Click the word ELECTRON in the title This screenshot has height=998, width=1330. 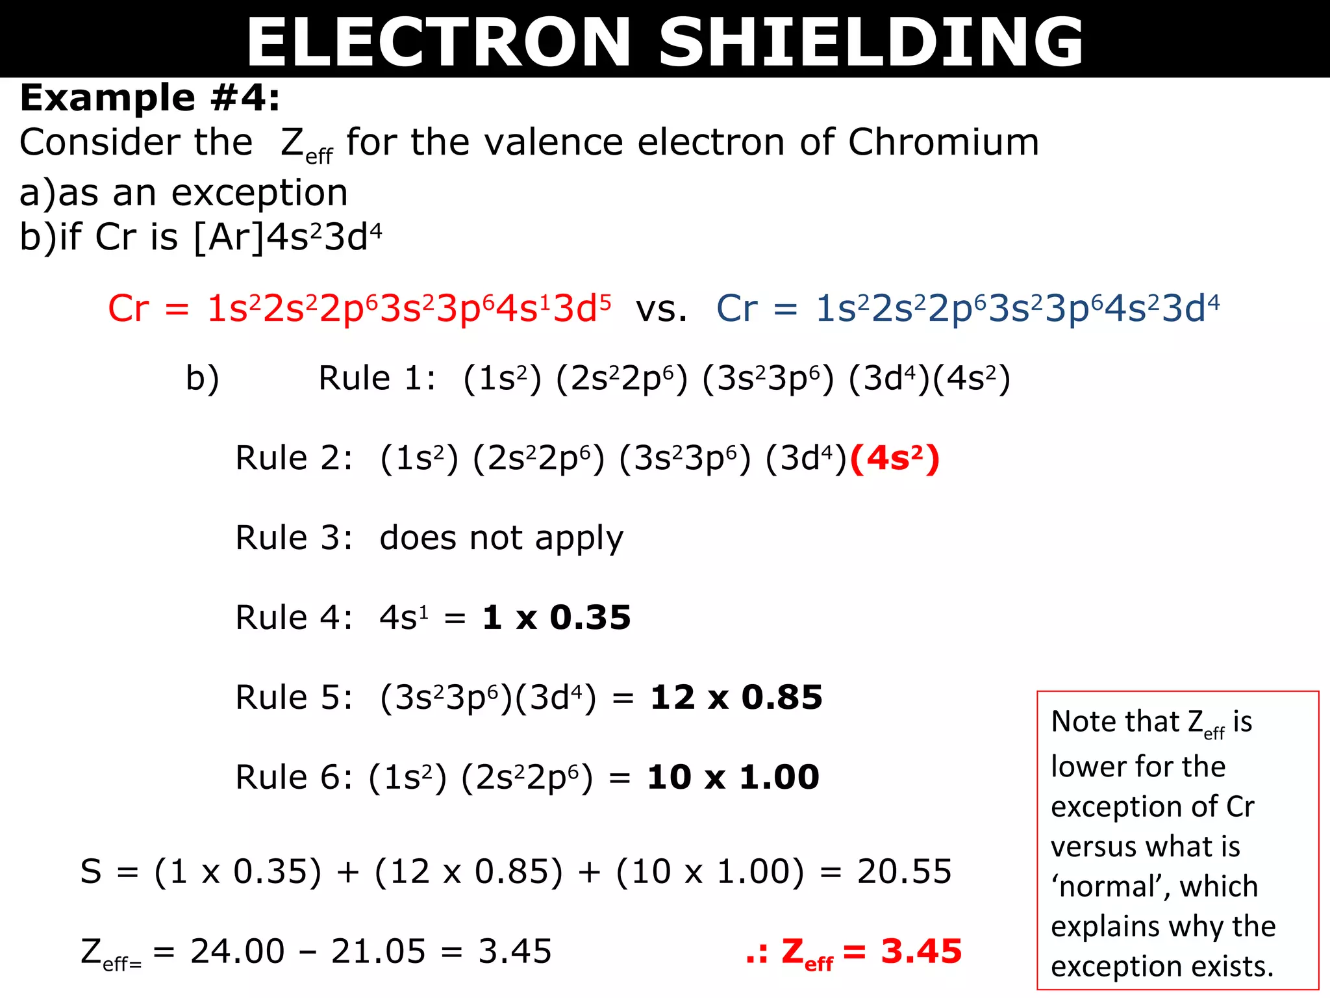click(x=439, y=42)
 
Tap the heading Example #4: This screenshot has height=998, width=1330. click(x=150, y=98)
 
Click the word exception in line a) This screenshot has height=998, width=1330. click(x=260, y=193)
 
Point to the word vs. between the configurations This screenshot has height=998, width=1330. click(x=661, y=309)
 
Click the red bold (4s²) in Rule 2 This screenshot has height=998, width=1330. click(x=895, y=459)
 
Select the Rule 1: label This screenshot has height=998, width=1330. click(x=377, y=378)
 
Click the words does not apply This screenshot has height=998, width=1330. click(x=501, y=539)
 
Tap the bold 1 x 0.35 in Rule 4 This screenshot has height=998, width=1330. click(x=557, y=617)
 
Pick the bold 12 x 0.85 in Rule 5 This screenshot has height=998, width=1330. click(x=736, y=698)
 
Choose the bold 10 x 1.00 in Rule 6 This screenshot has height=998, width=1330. click(x=733, y=777)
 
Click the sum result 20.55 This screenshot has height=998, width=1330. click(x=904, y=871)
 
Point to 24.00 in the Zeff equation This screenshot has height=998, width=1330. click(x=238, y=951)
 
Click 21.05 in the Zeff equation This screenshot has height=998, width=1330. click(x=378, y=951)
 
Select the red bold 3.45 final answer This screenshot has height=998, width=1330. click(x=921, y=951)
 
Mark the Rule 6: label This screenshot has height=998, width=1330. click(x=294, y=777)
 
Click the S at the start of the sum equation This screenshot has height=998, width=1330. click(x=91, y=871)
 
